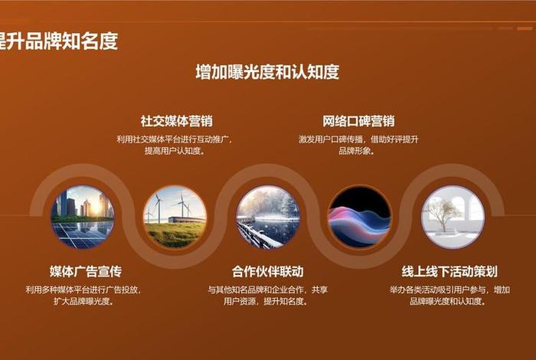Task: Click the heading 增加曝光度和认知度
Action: (267, 73)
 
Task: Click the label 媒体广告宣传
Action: (86, 271)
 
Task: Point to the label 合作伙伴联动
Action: (267, 271)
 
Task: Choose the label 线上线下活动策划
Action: (449, 271)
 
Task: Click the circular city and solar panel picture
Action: (82, 217)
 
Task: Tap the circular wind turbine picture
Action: (175, 217)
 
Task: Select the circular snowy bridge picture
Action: (267, 217)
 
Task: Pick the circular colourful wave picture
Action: (359, 217)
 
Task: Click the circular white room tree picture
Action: (453, 217)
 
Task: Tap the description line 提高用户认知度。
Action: (175, 151)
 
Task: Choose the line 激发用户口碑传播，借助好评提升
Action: (358, 139)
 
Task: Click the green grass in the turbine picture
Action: (175, 234)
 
